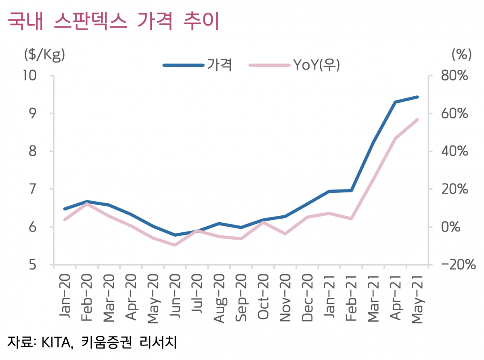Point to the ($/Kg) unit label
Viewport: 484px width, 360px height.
tap(44, 54)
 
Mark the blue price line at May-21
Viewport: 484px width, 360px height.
tap(417, 97)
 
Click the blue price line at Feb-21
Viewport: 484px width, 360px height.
tap(351, 190)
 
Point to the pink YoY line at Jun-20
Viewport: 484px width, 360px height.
tap(175, 245)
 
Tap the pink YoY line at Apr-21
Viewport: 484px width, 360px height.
tap(395, 139)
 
